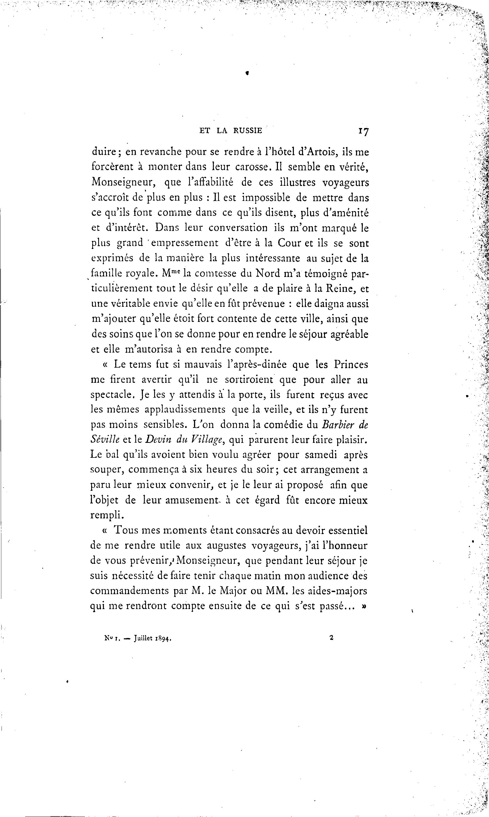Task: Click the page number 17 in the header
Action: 364,131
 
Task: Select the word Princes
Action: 351,365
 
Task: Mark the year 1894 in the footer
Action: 166,638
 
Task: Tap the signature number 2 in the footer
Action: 331,638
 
